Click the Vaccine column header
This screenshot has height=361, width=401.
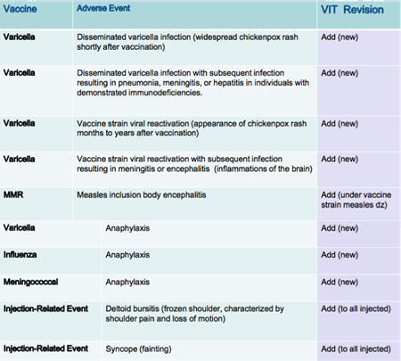pyautogui.click(x=20, y=9)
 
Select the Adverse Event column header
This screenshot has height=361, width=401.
pyautogui.click(x=103, y=8)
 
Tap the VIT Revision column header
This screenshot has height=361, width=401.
pyautogui.click(x=352, y=10)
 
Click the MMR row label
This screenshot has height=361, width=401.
pyautogui.click(x=13, y=195)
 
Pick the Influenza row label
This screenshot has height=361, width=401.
pyautogui.click(x=20, y=255)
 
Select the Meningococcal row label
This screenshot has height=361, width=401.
pyautogui.click(x=30, y=282)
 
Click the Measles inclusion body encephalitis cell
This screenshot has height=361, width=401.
pyautogui.click(x=142, y=195)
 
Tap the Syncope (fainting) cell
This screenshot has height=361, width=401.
pyautogui.click(x=138, y=349)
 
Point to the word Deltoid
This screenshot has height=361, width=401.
pyautogui.click(x=118, y=308)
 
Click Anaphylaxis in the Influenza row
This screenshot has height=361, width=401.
pyautogui.click(x=127, y=255)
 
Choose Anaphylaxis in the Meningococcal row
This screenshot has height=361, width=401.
pyautogui.click(x=127, y=282)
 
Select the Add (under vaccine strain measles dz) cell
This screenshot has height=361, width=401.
pyautogui.click(x=356, y=200)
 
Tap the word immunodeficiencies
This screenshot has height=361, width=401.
pyautogui.click(x=165, y=93)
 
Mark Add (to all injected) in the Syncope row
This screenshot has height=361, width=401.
pyautogui.click(x=356, y=349)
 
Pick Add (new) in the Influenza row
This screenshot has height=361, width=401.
pyautogui.click(x=340, y=255)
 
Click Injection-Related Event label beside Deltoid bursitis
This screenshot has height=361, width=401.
pyautogui.click(x=45, y=308)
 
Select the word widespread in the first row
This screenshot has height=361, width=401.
pyautogui.click(x=214, y=37)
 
